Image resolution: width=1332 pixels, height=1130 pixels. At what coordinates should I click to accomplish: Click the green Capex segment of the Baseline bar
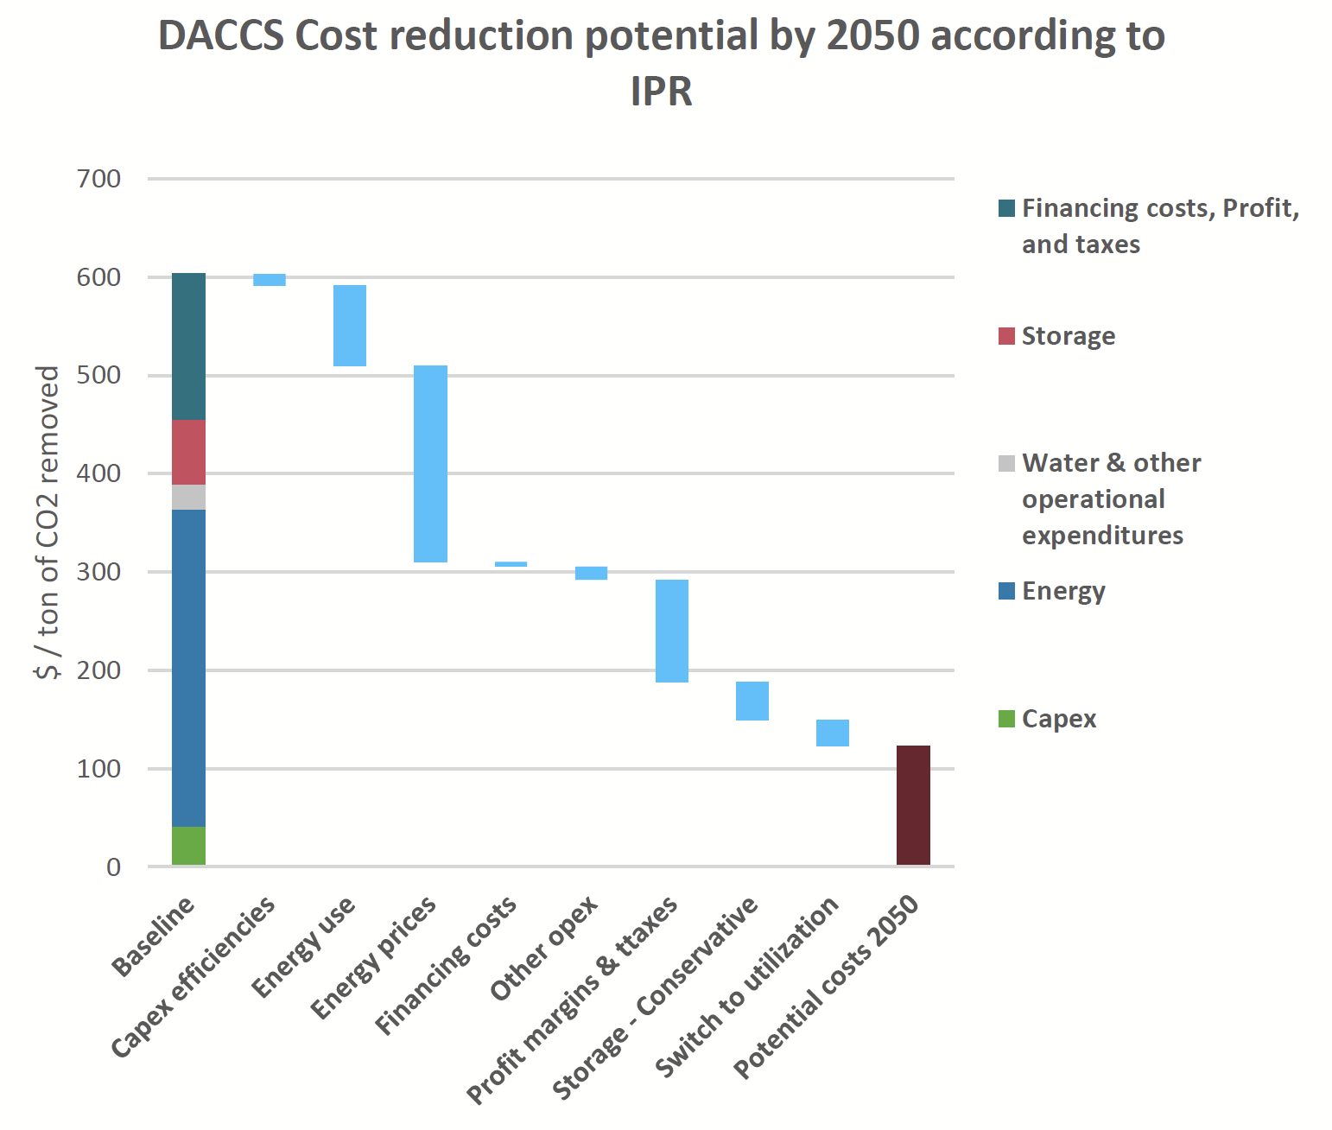(188, 846)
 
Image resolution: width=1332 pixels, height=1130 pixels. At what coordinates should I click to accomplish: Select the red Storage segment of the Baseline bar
(188, 452)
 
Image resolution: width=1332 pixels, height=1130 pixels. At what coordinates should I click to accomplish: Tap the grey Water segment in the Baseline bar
(188, 497)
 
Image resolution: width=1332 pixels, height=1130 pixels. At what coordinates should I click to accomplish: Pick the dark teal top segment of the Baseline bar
(188, 346)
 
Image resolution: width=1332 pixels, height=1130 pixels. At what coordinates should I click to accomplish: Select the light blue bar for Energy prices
(430, 464)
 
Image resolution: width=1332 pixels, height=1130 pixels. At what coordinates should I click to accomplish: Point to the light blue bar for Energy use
(350, 326)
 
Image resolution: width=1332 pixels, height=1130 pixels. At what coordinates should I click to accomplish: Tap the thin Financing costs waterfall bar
(511, 564)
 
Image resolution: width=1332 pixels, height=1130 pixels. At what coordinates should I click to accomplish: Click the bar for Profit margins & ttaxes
(672, 631)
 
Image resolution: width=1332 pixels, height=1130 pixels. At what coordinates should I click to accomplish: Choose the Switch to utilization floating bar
(833, 733)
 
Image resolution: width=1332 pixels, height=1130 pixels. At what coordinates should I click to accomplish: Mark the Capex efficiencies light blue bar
(270, 280)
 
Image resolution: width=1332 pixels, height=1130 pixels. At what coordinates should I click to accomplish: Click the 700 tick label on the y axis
(98, 179)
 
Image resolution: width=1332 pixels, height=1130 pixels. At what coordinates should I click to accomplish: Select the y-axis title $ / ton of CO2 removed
(48, 522)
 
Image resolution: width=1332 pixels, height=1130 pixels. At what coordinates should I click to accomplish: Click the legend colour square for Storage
(1006, 336)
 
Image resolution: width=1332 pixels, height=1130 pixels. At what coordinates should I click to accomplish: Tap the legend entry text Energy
(1063, 591)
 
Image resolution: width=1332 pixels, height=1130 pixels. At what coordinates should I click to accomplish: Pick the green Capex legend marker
(1006, 719)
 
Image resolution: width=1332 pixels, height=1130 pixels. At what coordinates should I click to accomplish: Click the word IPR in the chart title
(662, 91)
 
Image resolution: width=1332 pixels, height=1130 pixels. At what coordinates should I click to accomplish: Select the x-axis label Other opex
(544, 948)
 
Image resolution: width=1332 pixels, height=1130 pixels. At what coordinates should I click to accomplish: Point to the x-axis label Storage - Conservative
(656, 999)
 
